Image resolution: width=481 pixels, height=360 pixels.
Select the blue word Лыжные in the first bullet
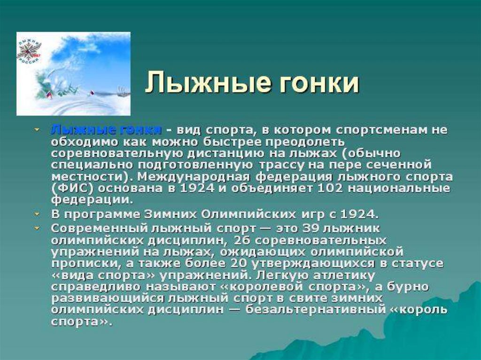pyautogui.click(x=76, y=130)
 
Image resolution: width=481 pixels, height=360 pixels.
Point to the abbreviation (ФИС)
pyautogui.click(x=70, y=188)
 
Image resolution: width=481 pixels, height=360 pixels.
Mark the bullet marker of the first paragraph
pyautogui.click(x=37, y=129)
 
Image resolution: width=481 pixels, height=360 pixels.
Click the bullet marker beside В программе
pyautogui.click(x=37, y=214)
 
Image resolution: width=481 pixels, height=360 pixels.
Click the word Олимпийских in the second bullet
pyautogui.click(x=241, y=214)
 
